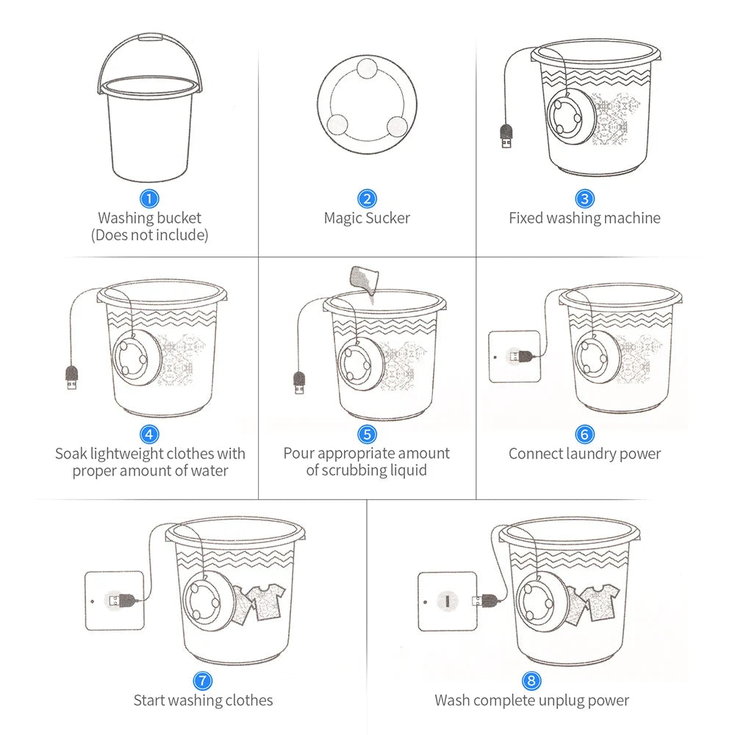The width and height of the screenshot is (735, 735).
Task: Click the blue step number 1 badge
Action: click(x=150, y=198)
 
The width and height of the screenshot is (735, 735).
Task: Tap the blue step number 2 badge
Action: click(x=367, y=198)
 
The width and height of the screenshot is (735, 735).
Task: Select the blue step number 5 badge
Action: click(x=367, y=434)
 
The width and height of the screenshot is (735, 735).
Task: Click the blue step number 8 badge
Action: click(x=531, y=681)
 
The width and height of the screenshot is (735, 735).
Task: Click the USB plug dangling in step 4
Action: click(x=72, y=376)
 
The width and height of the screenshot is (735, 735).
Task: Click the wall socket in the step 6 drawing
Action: click(x=514, y=356)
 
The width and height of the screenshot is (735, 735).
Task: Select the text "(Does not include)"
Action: click(x=150, y=235)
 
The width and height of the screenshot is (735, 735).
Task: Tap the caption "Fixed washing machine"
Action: click(x=584, y=218)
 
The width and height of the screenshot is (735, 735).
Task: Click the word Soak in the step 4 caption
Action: click(x=72, y=453)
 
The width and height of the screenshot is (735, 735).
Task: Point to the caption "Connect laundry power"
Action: click(x=584, y=453)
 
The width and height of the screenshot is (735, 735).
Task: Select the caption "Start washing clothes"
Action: click(x=203, y=700)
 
